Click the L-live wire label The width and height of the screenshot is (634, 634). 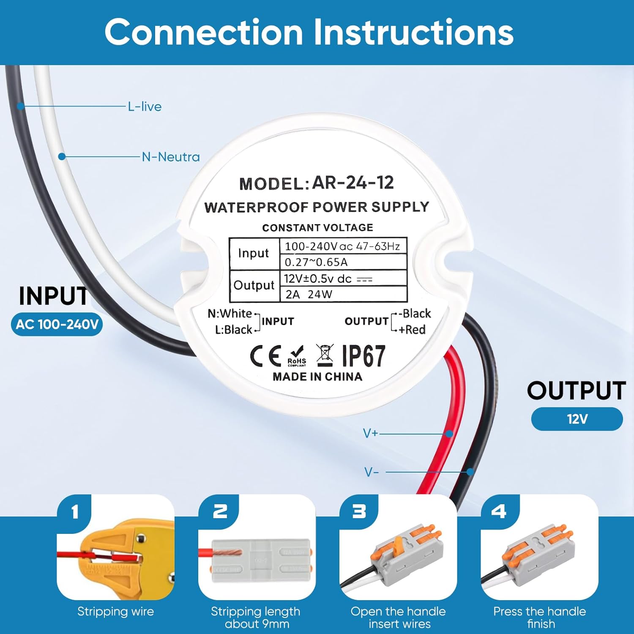[x=145, y=107]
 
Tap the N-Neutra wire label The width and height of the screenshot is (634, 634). [x=170, y=157]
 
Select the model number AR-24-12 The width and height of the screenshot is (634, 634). [x=353, y=183]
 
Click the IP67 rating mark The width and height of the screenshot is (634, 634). [x=363, y=356]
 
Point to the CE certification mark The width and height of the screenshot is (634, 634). [x=265, y=356]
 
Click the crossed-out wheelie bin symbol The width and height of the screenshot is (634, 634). [x=325, y=355]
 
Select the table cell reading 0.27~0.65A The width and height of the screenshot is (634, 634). [x=343, y=262]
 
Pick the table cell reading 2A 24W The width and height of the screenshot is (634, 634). [x=343, y=294]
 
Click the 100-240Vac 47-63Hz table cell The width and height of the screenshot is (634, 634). [x=343, y=246]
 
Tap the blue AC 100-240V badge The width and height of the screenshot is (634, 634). [x=57, y=325]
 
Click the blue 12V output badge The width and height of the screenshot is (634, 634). [x=577, y=419]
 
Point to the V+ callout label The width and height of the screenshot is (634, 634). [x=370, y=433]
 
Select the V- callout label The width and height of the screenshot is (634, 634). [x=371, y=472]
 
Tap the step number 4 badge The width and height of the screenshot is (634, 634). [x=499, y=512]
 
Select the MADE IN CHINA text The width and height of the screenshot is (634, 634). [x=317, y=377]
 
